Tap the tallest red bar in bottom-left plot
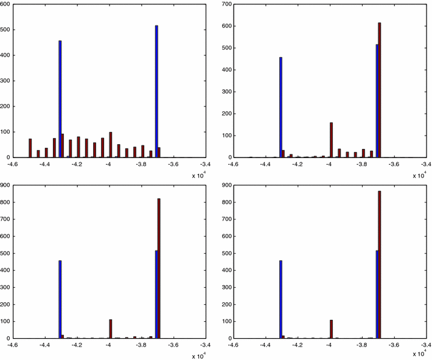point(159,268)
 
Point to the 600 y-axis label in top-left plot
point(6,4)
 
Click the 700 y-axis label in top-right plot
point(226,4)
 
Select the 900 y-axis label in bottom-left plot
point(6,185)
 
